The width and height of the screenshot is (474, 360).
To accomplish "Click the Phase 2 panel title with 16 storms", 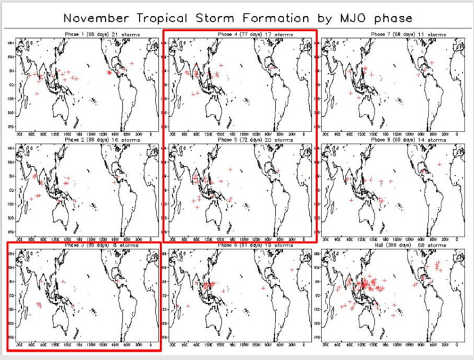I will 85,139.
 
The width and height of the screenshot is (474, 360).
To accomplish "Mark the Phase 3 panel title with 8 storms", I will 85,245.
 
